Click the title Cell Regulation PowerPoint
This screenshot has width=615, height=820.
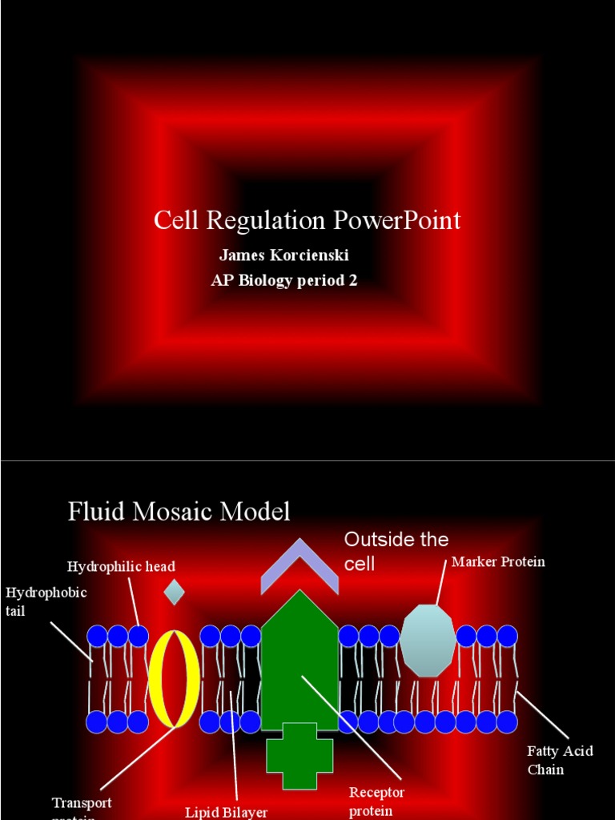307,221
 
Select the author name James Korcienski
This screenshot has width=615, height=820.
284,255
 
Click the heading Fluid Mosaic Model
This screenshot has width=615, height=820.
179,511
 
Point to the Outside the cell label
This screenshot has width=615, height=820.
396,551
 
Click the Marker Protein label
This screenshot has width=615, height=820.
498,561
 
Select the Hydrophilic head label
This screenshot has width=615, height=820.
121,567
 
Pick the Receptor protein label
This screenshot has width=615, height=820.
376,801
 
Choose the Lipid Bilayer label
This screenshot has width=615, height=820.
226,812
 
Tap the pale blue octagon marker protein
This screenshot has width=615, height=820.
428,641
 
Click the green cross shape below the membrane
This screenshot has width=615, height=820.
299,756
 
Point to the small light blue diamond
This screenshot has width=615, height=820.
174,592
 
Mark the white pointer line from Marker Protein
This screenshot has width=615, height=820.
441,581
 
